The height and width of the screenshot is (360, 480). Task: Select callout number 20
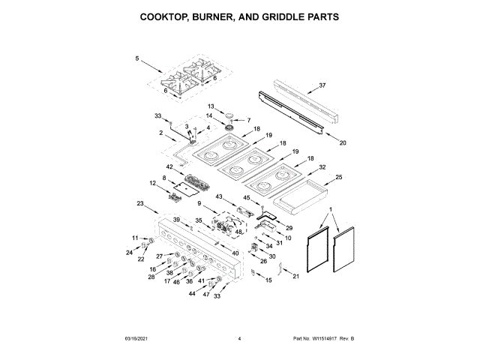[x=342, y=142]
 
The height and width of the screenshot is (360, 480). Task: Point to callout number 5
[x=137, y=58]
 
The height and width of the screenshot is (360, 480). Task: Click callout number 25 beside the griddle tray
[x=338, y=177]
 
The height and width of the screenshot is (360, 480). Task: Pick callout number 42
[x=169, y=166]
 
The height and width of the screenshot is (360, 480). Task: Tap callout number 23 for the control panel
[x=140, y=203]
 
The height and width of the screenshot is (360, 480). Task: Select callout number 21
[x=295, y=277]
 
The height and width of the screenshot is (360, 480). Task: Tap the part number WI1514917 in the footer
[x=317, y=340]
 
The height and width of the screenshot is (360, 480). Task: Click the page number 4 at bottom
[x=239, y=340]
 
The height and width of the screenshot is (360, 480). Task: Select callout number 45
[x=246, y=198]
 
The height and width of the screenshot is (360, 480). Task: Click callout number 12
[x=152, y=183]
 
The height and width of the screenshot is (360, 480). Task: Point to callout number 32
[x=322, y=166]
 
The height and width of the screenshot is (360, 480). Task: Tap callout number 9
[x=200, y=203]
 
